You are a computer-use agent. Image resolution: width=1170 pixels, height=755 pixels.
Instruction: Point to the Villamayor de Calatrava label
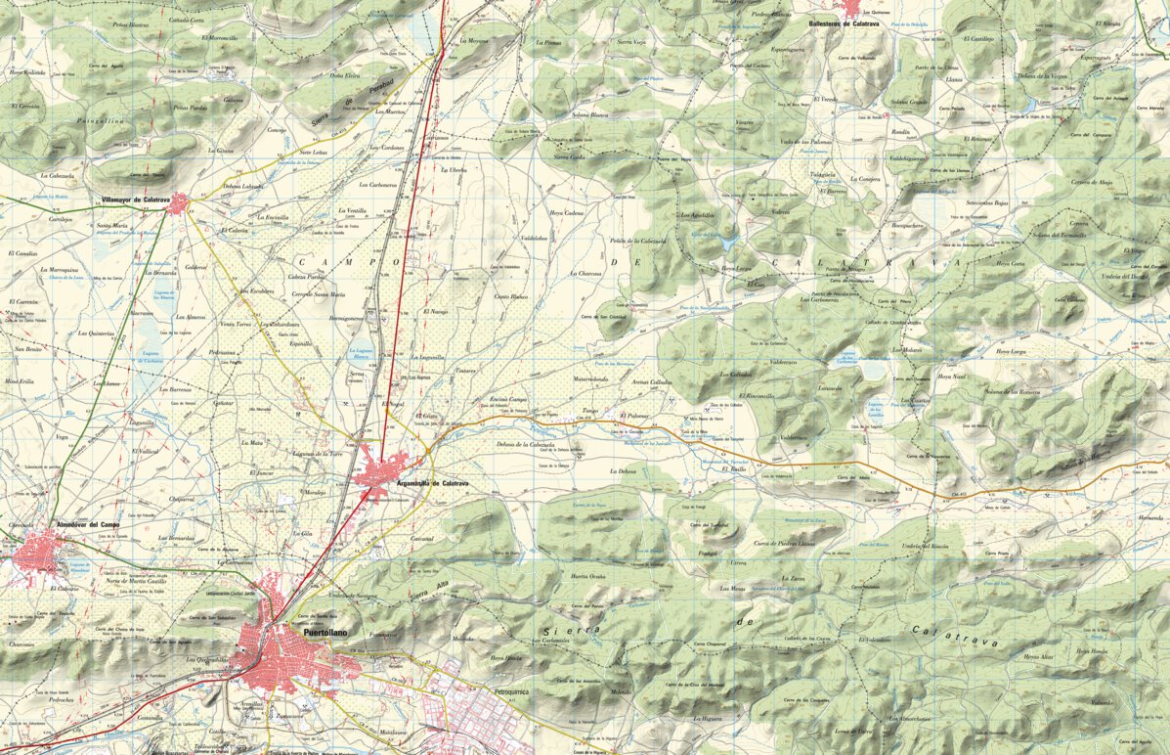(x=136, y=200)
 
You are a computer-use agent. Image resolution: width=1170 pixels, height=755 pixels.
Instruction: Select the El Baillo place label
(x=733, y=469)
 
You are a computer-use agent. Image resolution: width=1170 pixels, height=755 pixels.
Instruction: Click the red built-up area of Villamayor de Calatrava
(x=177, y=204)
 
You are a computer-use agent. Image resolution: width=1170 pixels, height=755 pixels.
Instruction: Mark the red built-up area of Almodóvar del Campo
(x=39, y=553)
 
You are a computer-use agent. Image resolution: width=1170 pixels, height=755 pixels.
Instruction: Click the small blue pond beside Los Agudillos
(x=727, y=236)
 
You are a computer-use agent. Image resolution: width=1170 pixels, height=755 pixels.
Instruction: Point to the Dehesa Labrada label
(x=243, y=186)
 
